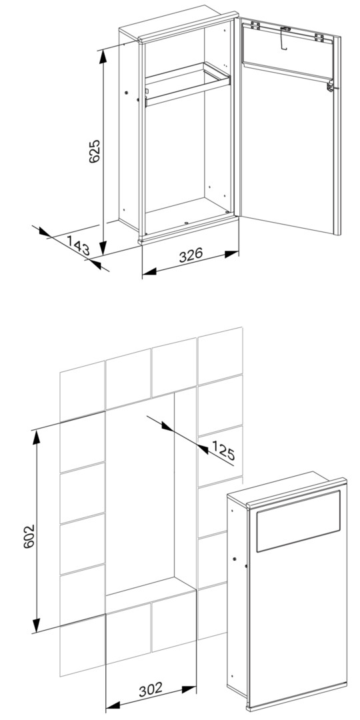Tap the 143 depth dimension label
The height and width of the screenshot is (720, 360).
(x=78, y=245)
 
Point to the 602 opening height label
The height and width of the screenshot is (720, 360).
(x=29, y=535)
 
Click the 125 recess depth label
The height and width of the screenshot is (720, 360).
(x=223, y=450)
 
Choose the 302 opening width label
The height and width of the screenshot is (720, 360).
(x=151, y=688)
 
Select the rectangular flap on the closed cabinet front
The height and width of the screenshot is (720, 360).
(x=298, y=521)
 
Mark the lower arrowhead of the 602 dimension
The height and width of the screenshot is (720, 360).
(x=36, y=623)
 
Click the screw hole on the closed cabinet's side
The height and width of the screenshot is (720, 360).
(x=234, y=559)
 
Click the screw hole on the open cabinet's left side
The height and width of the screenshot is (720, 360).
(x=126, y=92)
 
